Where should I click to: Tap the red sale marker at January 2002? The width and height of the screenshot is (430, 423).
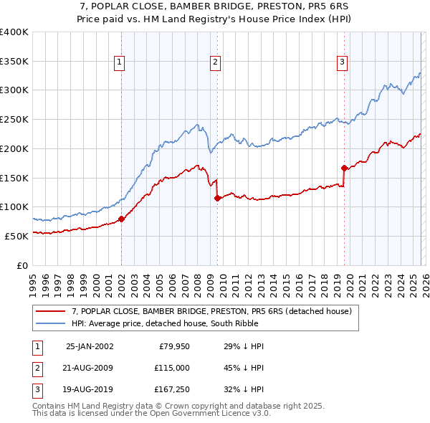click(x=121, y=219)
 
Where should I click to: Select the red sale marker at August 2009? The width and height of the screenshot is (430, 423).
click(x=217, y=199)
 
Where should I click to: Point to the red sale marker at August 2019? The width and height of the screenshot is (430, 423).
click(x=344, y=168)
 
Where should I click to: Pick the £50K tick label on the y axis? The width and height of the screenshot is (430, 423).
click(x=17, y=236)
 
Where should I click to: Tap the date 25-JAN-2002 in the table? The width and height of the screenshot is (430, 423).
click(x=89, y=346)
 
